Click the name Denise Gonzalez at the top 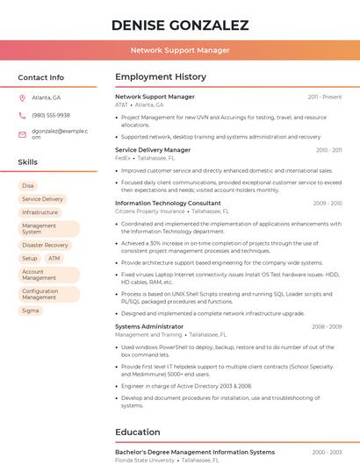180,25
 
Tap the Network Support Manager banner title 180,50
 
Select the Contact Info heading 40,77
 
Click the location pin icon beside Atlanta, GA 22,97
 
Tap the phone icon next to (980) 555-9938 22,115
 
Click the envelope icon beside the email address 22,134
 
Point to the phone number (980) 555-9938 51,115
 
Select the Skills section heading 27,162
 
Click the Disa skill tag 28,186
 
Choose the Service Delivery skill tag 42,199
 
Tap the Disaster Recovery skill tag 45,246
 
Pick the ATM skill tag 54,259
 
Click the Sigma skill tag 31,311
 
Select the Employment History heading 160,77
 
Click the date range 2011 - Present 325,97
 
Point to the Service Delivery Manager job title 153,150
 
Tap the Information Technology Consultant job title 168,203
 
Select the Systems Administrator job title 149,326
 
